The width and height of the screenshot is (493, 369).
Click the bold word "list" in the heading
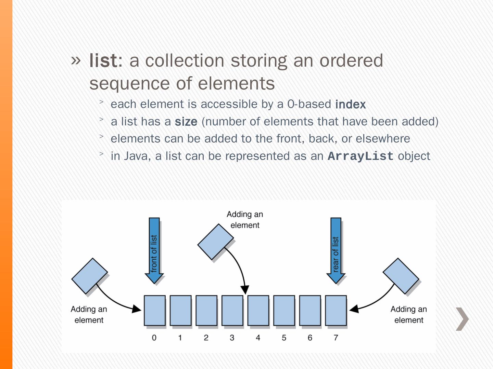point(103,60)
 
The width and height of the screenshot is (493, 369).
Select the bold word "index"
point(350,105)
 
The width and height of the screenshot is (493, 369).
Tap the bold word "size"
point(186,122)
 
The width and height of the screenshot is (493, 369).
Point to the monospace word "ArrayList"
point(360,156)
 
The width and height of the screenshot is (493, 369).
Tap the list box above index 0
point(154,310)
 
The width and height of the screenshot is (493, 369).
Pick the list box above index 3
point(232,310)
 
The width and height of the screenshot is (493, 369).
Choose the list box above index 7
point(336,310)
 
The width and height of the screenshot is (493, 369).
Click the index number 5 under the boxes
point(284,338)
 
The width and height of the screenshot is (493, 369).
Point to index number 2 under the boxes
point(206,338)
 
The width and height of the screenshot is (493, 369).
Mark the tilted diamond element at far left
point(90,276)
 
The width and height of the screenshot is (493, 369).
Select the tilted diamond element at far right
point(401,276)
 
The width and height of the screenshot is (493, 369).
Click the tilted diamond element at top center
point(216,242)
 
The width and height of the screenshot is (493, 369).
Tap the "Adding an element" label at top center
point(245,220)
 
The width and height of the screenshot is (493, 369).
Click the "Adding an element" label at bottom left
point(89,315)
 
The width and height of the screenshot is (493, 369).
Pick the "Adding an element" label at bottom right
point(409,315)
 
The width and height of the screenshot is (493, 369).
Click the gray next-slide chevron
point(462,319)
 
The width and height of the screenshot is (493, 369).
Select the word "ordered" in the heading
point(351,60)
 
